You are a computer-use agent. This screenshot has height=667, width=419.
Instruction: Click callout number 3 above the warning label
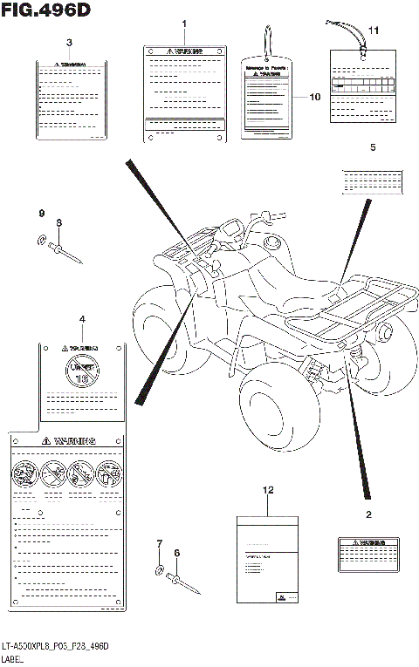69,43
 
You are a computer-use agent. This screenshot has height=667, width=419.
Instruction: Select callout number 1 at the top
184,21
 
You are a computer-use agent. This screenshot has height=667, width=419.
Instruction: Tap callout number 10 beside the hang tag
316,97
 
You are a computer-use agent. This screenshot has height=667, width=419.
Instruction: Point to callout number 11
373,31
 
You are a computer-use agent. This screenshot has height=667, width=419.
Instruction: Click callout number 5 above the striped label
373,148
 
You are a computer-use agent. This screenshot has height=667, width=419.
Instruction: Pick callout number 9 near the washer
40,214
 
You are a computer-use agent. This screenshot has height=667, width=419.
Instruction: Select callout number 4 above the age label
83,320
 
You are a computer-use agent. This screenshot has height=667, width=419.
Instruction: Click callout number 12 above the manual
268,492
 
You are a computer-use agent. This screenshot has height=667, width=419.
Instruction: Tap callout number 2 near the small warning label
368,515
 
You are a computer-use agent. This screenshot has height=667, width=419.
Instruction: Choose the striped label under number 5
373,180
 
